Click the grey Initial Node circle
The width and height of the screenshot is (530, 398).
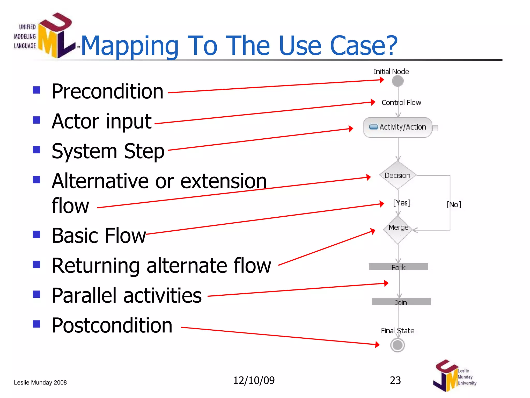pyautogui.click(x=398, y=81)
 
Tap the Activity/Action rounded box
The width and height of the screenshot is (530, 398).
pyautogui.click(x=398, y=127)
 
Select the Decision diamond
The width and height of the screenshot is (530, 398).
pyautogui.click(x=398, y=175)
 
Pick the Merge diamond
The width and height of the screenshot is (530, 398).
pyautogui.click(x=398, y=230)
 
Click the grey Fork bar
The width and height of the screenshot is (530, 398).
pyautogui.click(x=398, y=267)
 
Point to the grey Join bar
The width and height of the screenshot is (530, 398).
pyautogui.click(x=401, y=302)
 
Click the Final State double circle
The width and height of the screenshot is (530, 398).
pyautogui.click(x=397, y=345)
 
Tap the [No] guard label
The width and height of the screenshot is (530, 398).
pyautogui.click(x=454, y=205)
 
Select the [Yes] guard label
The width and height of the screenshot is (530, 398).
pyautogui.click(x=402, y=203)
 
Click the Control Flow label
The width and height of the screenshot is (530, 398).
pyautogui.click(x=401, y=103)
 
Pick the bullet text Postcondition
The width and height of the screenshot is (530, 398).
pyautogui.click(x=112, y=325)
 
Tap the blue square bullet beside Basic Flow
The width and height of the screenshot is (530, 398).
pyautogui.click(x=36, y=234)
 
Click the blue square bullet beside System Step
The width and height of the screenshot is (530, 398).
pyautogui.click(x=36, y=150)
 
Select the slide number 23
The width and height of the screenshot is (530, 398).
pyautogui.click(x=395, y=380)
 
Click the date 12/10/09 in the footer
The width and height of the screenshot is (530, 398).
pyautogui.click(x=254, y=380)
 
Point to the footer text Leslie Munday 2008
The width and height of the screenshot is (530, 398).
pyautogui.click(x=40, y=382)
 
